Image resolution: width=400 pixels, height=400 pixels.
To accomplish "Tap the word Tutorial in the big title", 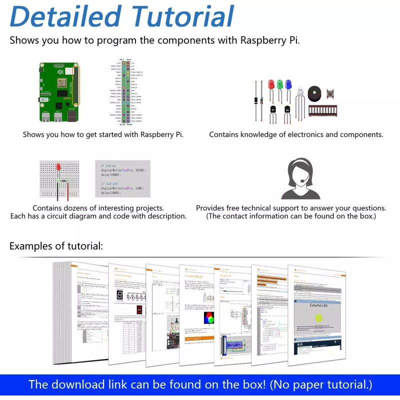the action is pos(179,16).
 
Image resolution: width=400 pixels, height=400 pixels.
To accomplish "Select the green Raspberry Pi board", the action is pos(59,92).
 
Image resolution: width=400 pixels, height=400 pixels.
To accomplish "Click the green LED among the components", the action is pos(278,85).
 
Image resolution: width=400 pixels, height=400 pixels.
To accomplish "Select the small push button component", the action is pos(330,93).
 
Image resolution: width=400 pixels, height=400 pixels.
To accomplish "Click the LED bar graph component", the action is pos(322,110).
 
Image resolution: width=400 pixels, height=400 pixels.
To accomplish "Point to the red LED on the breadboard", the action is pos(58,167).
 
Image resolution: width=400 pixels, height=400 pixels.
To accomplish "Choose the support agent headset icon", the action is pos(300,179).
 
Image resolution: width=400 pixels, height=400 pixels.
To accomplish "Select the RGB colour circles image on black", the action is pos(208,318).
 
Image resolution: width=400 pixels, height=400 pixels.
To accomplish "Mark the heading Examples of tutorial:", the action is pos(56,246).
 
